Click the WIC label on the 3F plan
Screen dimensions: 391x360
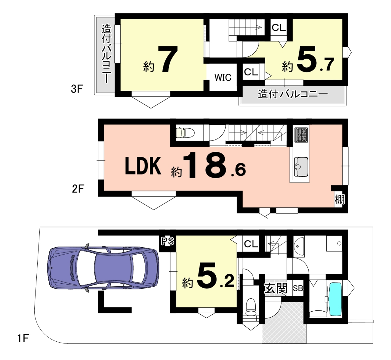click(223, 78)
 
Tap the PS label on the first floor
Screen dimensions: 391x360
click(168, 241)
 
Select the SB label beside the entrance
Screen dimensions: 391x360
click(298, 288)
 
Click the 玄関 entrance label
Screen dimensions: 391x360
click(276, 288)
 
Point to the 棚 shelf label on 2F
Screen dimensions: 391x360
click(340, 199)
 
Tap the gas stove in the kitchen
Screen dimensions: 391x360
click(301, 135)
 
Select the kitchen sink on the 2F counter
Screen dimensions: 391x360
click(301, 167)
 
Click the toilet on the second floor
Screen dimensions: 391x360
click(185, 133)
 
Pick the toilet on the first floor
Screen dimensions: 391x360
click(251, 307)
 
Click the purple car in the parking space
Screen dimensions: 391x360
click(103, 268)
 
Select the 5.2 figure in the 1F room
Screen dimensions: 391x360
click(215, 275)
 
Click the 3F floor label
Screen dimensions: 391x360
click(77, 89)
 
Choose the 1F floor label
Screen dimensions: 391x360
click(23, 338)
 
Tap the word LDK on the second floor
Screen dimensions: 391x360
click(143, 166)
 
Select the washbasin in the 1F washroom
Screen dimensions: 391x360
click(299, 247)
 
